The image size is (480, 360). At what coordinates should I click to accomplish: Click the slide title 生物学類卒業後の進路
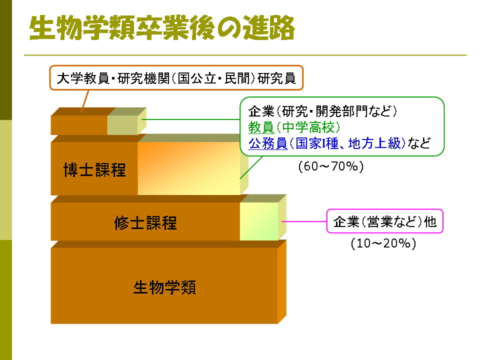162,27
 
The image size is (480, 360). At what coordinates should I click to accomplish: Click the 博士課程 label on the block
94,169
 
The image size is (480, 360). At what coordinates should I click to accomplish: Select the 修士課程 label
145,222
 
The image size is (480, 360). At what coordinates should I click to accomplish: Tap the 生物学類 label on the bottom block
164,287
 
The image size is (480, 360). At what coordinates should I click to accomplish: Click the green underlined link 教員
261,127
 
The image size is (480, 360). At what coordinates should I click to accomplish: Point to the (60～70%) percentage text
331,166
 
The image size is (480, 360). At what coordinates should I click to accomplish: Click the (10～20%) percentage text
383,243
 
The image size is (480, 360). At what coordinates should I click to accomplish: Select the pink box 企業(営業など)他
385,221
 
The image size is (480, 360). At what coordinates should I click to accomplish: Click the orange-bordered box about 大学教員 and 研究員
176,78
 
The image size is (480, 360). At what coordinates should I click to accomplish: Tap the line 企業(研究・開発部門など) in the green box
322,111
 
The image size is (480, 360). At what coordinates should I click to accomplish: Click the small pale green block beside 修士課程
259,221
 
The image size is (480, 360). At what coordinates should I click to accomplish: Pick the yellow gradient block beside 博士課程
189,168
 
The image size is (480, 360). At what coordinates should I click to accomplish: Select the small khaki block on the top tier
123,125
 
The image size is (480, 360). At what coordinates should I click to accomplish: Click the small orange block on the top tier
79,125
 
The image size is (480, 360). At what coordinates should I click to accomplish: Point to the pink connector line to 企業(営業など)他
304,221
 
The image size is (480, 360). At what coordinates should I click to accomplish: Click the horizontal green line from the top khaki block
190,119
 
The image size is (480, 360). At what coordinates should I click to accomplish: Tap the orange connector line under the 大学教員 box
85,100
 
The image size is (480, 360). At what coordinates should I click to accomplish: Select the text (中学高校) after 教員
307,127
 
